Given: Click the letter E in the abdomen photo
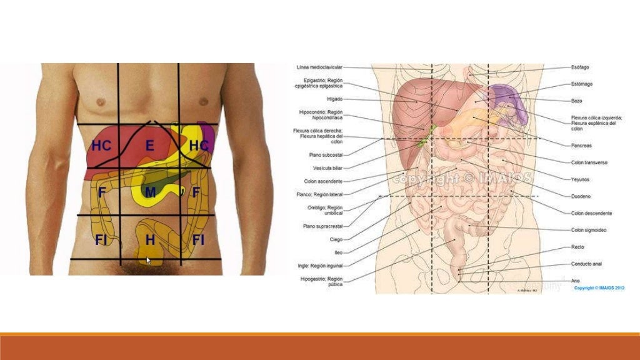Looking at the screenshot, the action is pyautogui.click(x=149, y=146).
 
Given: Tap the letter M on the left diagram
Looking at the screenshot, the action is pyautogui.click(x=150, y=192).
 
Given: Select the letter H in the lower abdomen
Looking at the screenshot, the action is pyautogui.click(x=150, y=239).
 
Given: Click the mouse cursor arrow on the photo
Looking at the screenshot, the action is pyautogui.click(x=148, y=260).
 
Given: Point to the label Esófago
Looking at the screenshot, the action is pyautogui.click(x=580, y=67).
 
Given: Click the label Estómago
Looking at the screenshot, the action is pyautogui.click(x=581, y=84).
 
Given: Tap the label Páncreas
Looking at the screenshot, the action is pyautogui.click(x=581, y=146).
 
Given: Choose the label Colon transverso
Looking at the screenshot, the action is pyautogui.click(x=589, y=162).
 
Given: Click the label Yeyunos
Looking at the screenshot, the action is pyautogui.click(x=581, y=179).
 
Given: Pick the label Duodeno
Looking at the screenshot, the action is pyautogui.click(x=581, y=196).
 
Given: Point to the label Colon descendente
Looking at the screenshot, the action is pyautogui.click(x=591, y=213).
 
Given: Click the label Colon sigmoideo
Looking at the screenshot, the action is pyautogui.click(x=589, y=230).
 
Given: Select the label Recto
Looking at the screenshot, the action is pyautogui.click(x=577, y=247).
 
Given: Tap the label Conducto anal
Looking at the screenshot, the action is pyautogui.click(x=586, y=264).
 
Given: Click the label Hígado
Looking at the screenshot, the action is pyautogui.click(x=334, y=99).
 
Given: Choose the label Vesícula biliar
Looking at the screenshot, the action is pyautogui.click(x=327, y=167).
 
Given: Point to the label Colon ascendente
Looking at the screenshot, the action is pyautogui.click(x=323, y=181).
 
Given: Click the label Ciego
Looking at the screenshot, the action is pyautogui.click(x=336, y=239).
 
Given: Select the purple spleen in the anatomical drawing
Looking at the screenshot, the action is pyautogui.click(x=505, y=96).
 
